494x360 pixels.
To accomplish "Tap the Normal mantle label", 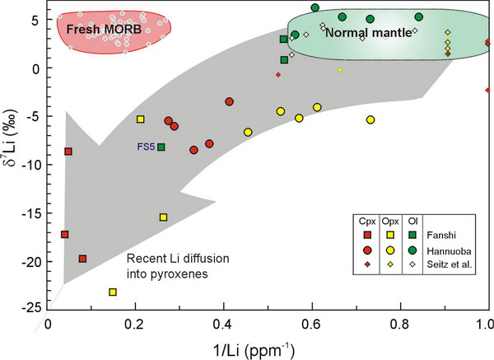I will (361, 34).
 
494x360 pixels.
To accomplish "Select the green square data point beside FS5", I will (161, 147).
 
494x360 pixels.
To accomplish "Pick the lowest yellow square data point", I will (113, 292).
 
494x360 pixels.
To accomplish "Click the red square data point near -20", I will (82, 259).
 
